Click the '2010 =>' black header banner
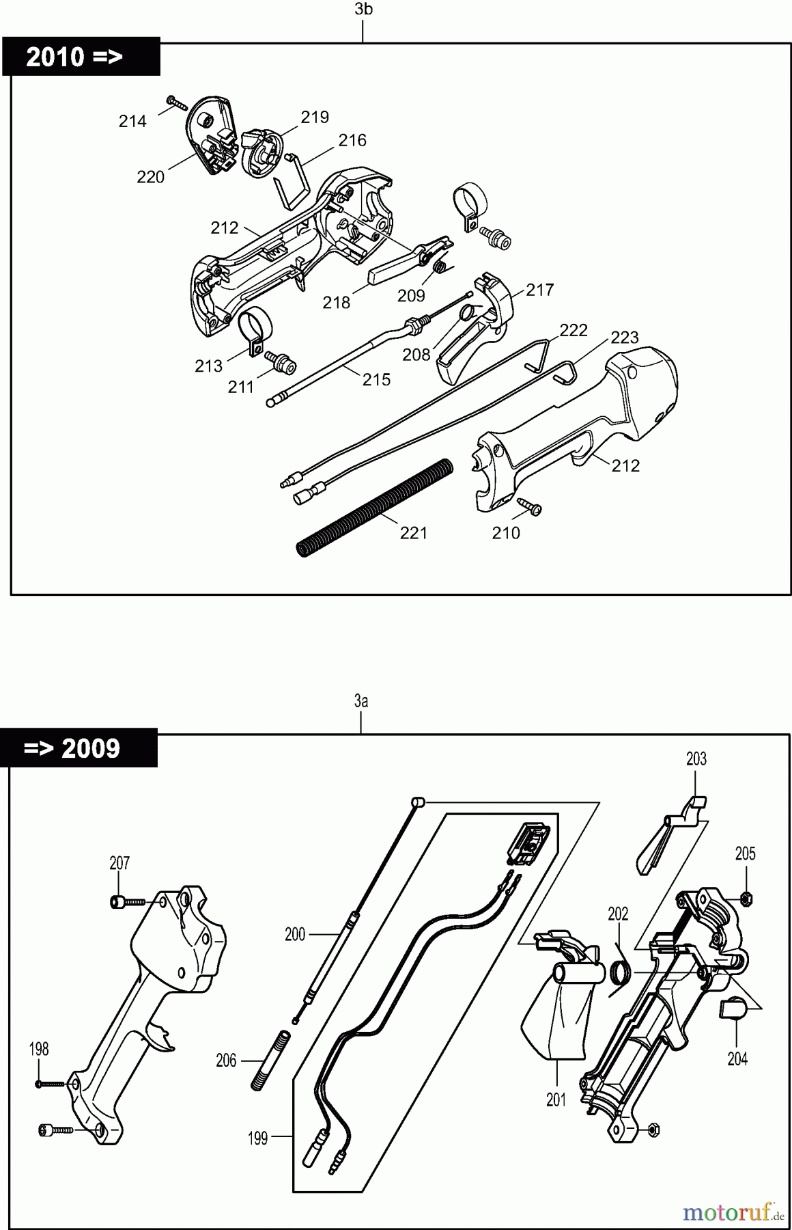click(x=81, y=57)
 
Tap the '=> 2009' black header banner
click(x=79, y=748)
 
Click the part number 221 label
click(x=413, y=533)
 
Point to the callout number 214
click(x=132, y=122)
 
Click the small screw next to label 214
click(x=176, y=103)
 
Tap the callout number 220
click(x=150, y=178)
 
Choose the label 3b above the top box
click(x=364, y=10)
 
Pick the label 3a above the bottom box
click(x=361, y=701)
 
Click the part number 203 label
click(x=696, y=759)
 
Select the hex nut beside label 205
click(x=746, y=897)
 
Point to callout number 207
click(x=119, y=863)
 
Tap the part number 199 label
click(x=257, y=1139)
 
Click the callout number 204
click(x=737, y=1059)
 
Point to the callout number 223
click(x=624, y=338)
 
